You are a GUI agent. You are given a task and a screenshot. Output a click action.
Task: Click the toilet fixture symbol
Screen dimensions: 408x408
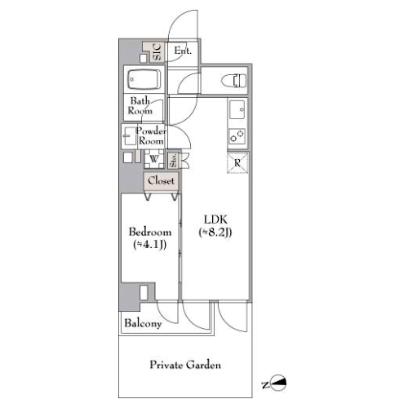[234, 81]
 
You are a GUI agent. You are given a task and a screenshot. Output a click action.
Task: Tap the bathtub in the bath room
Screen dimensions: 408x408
[144, 79]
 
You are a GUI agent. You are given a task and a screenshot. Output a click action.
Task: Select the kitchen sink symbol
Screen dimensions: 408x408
[237, 109]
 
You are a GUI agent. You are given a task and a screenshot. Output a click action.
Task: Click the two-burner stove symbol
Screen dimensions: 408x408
[237, 136]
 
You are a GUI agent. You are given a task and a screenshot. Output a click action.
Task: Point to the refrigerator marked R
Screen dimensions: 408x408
[237, 162]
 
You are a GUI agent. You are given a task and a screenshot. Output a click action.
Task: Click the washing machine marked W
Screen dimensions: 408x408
[154, 159]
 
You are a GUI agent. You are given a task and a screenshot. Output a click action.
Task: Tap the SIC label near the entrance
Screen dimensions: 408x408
[157, 52]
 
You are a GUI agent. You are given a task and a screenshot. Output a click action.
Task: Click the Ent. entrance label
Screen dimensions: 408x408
[183, 51]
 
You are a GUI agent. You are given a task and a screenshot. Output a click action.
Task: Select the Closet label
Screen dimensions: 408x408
[161, 180]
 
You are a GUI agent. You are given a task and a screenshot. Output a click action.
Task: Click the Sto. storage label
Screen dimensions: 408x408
[173, 160]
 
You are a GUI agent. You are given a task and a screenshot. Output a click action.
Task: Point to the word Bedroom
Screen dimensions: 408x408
[150, 232]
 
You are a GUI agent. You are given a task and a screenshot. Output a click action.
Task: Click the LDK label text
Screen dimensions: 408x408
[215, 220]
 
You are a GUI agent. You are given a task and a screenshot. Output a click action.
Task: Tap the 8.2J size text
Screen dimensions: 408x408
[215, 233]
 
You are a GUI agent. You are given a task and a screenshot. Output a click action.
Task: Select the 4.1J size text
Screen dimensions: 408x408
[150, 245]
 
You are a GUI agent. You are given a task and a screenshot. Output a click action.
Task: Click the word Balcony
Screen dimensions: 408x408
[143, 323]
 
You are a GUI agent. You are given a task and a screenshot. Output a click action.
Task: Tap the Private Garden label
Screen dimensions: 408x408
[185, 365]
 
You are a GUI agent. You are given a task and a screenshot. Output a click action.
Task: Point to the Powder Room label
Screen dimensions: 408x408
[151, 135]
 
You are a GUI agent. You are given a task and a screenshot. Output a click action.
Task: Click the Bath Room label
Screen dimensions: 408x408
[140, 106]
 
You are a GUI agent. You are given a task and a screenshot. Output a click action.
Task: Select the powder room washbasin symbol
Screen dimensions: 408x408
[130, 135]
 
